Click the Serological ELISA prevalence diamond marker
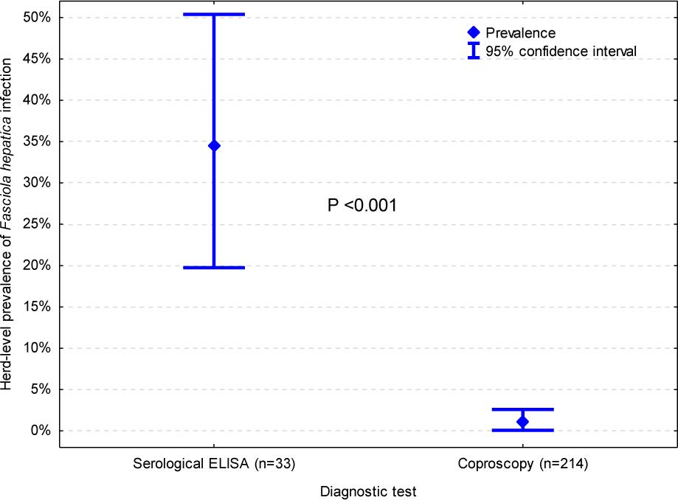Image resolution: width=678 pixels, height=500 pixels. click(214, 145)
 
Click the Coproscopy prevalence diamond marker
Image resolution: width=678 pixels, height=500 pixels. click(522, 422)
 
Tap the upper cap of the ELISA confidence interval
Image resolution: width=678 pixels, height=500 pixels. click(214, 14)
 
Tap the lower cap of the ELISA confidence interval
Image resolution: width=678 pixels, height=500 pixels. click(214, 267)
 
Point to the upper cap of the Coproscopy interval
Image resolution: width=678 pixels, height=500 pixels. click(522, 409)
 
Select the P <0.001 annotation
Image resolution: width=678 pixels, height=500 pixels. click(362, 206)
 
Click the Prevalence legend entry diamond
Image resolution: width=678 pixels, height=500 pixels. click(474, 32)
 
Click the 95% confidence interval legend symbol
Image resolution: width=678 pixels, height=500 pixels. click(474, 51)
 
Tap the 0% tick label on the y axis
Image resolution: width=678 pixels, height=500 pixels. click(40, 431)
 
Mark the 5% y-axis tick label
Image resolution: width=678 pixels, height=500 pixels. click(40, 389)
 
